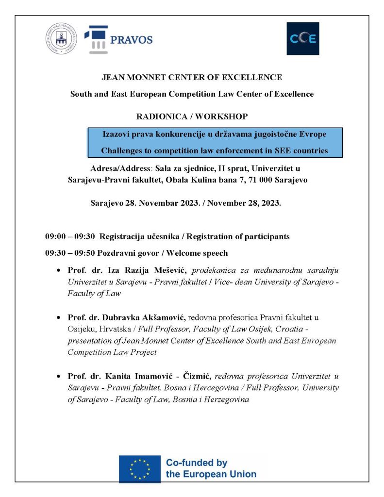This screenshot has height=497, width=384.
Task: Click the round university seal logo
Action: pos(61,39)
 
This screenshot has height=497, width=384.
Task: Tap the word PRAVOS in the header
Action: pos(131,40)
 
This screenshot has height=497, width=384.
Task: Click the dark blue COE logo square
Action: pos(303,39)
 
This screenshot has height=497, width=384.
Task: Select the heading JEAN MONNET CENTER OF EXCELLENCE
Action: pos(191,77)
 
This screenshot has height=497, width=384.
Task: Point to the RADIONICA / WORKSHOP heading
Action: pos(192,116)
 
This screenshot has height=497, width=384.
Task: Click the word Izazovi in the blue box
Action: pos(116,133)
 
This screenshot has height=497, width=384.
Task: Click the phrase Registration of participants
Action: pos(238,237)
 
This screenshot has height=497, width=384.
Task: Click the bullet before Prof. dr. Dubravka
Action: pos(59,318)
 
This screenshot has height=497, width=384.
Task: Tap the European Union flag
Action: pos(140,468)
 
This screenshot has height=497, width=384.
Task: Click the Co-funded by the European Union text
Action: pos(211,468)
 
